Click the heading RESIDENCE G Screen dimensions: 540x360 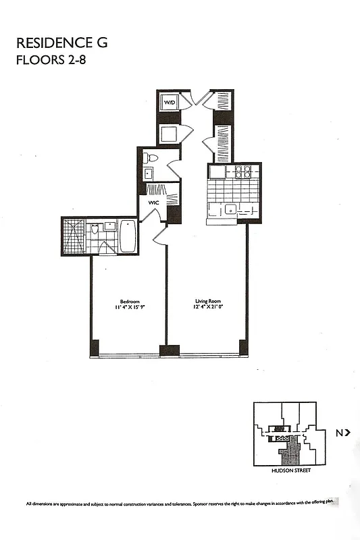61,43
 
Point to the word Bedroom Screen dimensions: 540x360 130,301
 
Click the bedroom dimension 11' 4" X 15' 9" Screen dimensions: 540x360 130,308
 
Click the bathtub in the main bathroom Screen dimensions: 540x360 128,236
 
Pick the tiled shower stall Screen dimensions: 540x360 74,236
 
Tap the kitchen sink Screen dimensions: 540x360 230,209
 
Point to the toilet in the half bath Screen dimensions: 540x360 151,159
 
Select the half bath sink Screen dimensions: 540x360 148,173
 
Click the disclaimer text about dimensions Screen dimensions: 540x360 180,504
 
